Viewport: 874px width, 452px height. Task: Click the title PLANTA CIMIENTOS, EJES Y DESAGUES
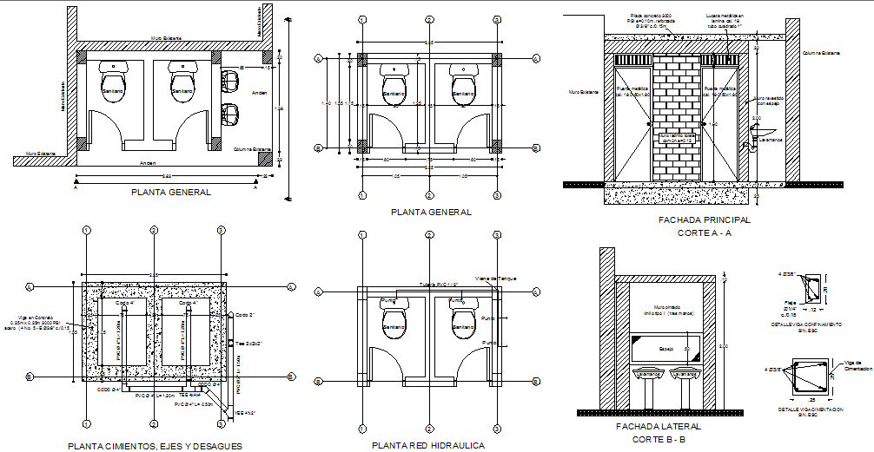coord(154,446)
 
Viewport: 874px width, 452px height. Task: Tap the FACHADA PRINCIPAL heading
coord(704,220)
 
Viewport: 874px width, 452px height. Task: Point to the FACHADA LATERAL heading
coord(657,427)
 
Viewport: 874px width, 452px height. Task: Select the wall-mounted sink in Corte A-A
coord(754,144)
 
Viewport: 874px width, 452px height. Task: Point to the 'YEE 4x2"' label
coord(246,414)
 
